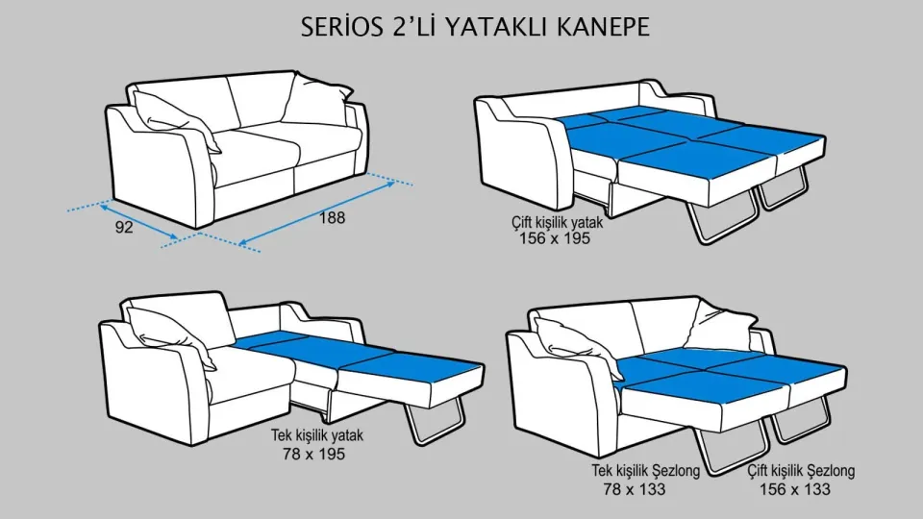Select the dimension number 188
pos(332,217)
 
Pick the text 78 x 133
pos(634,489)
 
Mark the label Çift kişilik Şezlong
pos(800,472)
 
